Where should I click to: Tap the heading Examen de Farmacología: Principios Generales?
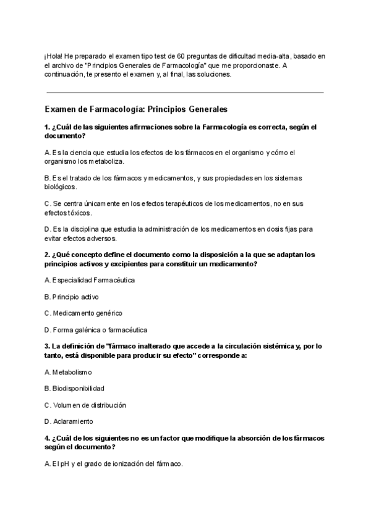click(136, 109)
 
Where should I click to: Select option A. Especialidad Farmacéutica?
click(90, 280)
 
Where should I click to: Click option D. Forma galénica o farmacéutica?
click(96, 330)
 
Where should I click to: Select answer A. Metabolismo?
click(68, 372)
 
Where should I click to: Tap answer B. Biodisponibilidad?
click(74, 389)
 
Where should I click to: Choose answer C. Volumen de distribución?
click(85, 405)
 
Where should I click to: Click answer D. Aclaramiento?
click(69, 422)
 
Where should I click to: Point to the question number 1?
click(47, 127)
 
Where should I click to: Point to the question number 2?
click(47, 255)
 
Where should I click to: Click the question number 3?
click(47, 347)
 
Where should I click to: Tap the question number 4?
click(47, 439)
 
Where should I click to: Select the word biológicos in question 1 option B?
click(61, 187)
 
